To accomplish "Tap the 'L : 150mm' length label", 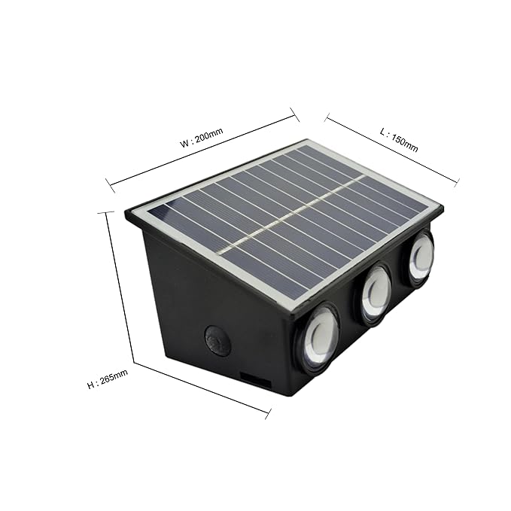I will pyautogui.click(x=398, y=140).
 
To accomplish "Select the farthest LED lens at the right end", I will pyautogui.click(x=419, y=257).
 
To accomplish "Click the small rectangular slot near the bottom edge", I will pyautogui.click(x=255, y=381).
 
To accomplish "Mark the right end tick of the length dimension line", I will pyautogui.click(x=456, y=181).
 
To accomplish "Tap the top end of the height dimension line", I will pyautogui.click(x=105, y=213).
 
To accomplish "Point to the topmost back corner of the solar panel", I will pyautogui.click(x=306, y=140).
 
